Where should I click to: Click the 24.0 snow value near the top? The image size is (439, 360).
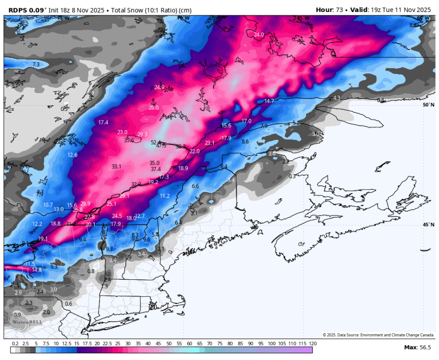coord(259,35)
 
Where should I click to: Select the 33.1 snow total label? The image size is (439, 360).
coord(116,167)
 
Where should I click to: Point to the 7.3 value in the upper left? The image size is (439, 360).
coord(36,64)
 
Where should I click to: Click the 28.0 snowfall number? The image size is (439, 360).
coord(154,108)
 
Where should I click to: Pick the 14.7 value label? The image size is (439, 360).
coord(269,101)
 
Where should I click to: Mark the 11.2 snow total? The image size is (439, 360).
coord(165,196)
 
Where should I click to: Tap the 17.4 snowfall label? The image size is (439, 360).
coord(103,123)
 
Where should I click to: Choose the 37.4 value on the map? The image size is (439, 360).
coord(156,169)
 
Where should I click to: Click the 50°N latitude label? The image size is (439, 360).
coord(428,105)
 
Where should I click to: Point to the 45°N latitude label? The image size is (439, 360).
coord(428,225)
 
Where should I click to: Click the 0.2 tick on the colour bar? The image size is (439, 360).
coord(15,344)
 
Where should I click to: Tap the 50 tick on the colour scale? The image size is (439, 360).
coord(169,344)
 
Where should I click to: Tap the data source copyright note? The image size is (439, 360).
coord(378,335)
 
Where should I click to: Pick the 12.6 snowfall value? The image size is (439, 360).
coord(73,155)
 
